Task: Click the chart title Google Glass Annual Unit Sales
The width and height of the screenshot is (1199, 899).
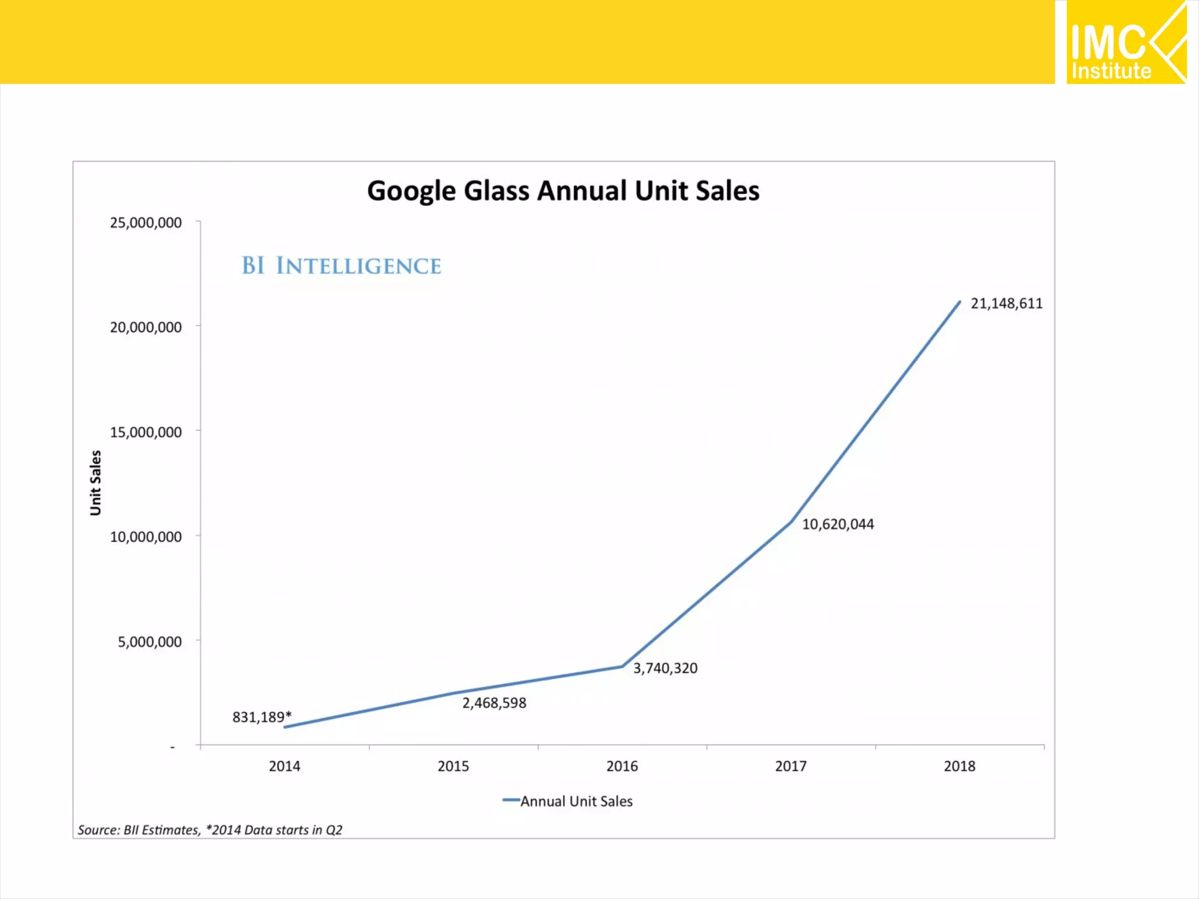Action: tap(563, 191)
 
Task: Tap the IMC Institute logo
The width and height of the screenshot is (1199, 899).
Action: tap(1126, 43)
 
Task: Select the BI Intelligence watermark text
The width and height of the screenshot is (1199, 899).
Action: tap(341, 266)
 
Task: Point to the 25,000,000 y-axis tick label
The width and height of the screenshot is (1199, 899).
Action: tap(146, 222)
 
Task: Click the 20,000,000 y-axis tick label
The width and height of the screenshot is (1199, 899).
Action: tap(146, 327)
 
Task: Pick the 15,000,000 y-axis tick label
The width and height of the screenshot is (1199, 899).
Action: tap(146, 432)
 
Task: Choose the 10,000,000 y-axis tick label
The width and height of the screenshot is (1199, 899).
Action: tap(146, 537)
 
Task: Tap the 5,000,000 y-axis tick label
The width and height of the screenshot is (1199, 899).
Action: tap(150, 641)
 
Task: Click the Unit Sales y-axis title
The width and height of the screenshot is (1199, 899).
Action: tap(95, 483)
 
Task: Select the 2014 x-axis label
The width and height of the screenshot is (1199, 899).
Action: tap(285, 766)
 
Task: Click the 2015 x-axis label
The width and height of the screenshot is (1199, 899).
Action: tap(453, 766)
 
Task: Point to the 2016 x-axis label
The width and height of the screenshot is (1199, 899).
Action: tap(622, 766)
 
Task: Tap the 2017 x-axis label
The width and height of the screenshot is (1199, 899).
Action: tap(790, 766)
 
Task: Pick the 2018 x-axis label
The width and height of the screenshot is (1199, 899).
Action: tap(960, 766)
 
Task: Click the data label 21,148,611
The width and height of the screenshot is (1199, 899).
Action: tap(1006, 303)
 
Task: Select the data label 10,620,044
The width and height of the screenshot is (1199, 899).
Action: tap(838, 524)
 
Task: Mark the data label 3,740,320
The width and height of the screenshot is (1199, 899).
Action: tap(665, 668)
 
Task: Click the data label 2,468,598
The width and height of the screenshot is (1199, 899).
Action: tap(494, 703)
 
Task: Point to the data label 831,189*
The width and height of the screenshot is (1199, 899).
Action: tap(262, 717)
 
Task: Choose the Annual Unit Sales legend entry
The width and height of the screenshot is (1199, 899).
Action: tap(568, 801)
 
